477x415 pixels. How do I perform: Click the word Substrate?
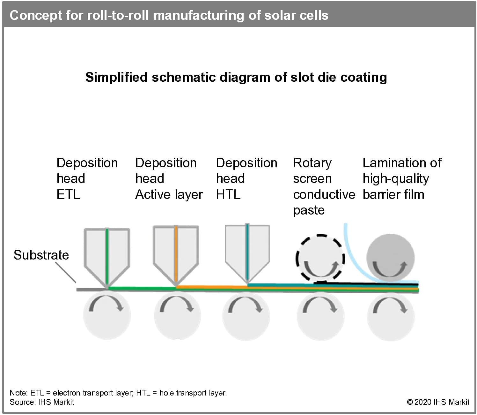point(41,255)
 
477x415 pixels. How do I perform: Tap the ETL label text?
point(68,194)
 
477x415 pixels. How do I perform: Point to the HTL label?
point(228,194)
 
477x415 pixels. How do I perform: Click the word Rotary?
point(312,163)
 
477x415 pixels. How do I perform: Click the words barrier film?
point(393,194)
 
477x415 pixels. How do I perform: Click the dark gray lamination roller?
point(391,258)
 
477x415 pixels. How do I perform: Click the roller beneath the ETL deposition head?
point(107,316)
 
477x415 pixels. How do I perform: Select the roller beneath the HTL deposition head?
point(246,316)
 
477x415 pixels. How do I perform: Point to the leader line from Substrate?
point(66,272)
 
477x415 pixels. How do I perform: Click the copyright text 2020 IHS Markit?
point(438,402)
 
